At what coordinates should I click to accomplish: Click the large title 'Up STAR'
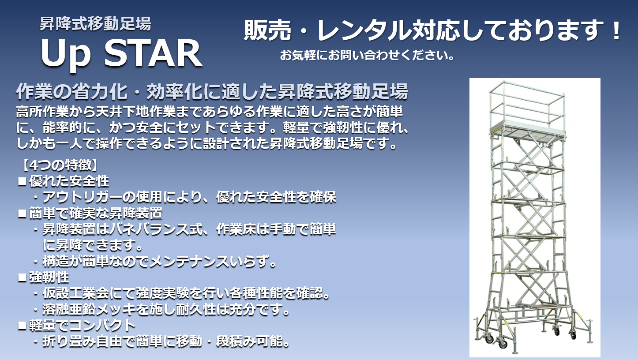coord(121,53)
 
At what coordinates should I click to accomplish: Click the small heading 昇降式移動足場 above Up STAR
coord(95,24)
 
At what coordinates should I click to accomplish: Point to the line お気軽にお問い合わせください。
coord(367,56)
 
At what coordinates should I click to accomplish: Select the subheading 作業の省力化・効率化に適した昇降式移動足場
coord(212,92)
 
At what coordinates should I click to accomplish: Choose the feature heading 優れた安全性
coord(69,180)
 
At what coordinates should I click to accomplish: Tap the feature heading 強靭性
coord(49,277)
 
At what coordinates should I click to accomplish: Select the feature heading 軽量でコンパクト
coord(82,326)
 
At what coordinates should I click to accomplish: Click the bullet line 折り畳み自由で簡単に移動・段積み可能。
coord(165,342)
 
